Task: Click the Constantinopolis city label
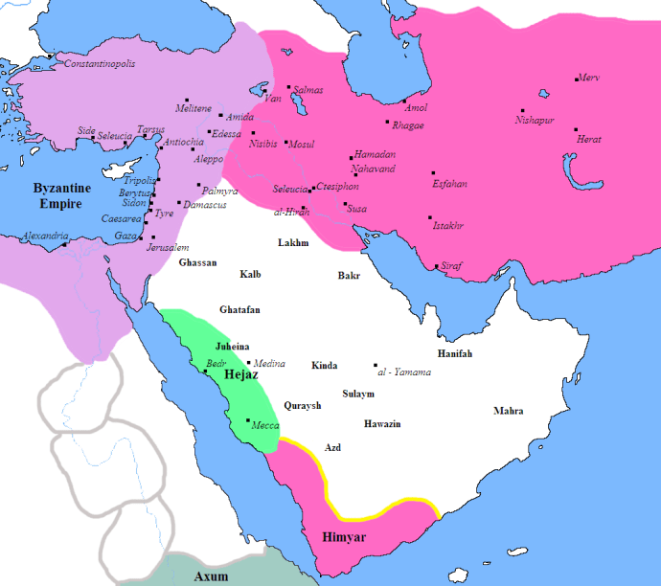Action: (x=99, y=64)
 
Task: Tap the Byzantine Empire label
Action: (x=61, y=195)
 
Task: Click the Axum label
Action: (x=211, y=576)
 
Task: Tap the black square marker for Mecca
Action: (x=248, y=421)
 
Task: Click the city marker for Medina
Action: (x=249, y=363)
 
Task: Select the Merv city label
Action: (x=589, y=79)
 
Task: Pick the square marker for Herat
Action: (x=576, y=129)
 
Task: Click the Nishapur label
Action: (x=535, y=121)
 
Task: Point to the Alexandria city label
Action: (x=45, y=236)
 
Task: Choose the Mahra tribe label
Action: (x=508, y=411)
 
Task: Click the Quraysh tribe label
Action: (x=303, y=405)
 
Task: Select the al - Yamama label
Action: (x=405, y=372)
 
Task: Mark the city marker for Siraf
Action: (x=437, y=266)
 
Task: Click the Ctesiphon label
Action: (x=337, y=187)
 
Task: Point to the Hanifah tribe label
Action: (x=455, y=353)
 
